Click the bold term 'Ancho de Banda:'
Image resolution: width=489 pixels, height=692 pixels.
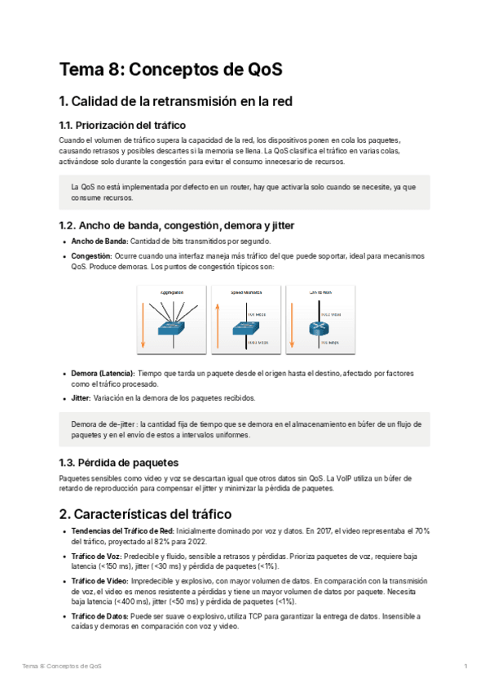pos(99,241)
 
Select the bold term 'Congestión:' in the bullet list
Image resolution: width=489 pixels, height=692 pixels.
pos(91,255)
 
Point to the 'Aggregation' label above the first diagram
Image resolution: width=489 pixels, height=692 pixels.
pos(172,291)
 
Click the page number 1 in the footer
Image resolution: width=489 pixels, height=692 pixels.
pos(465,667)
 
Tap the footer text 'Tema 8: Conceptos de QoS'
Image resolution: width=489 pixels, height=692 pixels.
pos(62,667)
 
